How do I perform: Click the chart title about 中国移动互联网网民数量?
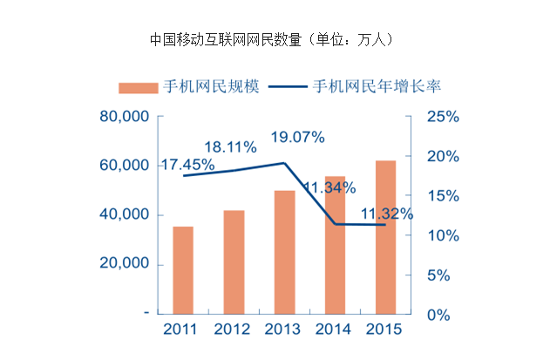coord(275,39)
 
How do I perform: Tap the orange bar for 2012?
coord(234,261)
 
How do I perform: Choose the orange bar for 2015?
coord(386,235)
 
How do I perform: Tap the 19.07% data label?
coord(297,137)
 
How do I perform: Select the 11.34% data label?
coord(329,187)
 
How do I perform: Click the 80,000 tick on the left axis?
coord(125,116)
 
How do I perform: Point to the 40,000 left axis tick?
coord(125,214)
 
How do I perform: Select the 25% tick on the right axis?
coord(442,117)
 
